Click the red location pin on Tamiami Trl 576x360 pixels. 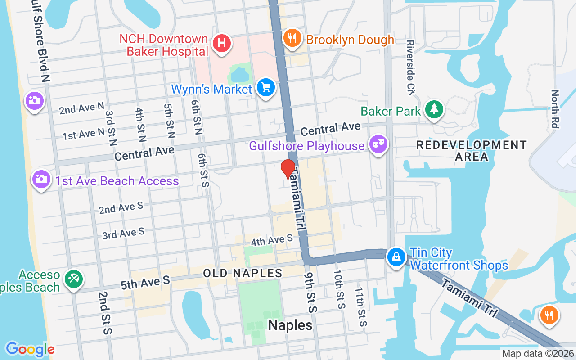pyautogui.click(x=288, y=169)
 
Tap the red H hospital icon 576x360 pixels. pyautogui.click(x=221, y=44)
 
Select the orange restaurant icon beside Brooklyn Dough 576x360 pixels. pyautogui.click(x=292, y=38)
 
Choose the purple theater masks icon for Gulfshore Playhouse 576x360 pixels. pyautogui.click(x=378, y=144)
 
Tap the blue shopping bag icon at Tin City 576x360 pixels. pyautogui.click(x=396, y=257)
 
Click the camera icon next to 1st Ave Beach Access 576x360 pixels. pyautogui.click(x=41, y=179)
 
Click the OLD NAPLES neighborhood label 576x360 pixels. pyautogui.click(x=243, y=273)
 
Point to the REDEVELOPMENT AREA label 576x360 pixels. pyautogui.click(x=471, y=151)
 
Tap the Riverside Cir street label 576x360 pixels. pyautogui.click(x=410, y=67)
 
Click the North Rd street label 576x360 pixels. pyautogui.click(x=555, y=109)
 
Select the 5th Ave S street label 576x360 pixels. pyautogui.click(x=145, y=283)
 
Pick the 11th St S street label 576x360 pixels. pyautogui.click(x=360, y=307)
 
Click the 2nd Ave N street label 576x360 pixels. pyautogui.click(x=81, y=108)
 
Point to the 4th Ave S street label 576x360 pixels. pyautogui.click(x=272, y=240)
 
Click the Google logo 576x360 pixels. pyautogui.click(x=30, y=349)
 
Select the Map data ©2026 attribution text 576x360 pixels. pyautogui.click(x=537, y=354)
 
